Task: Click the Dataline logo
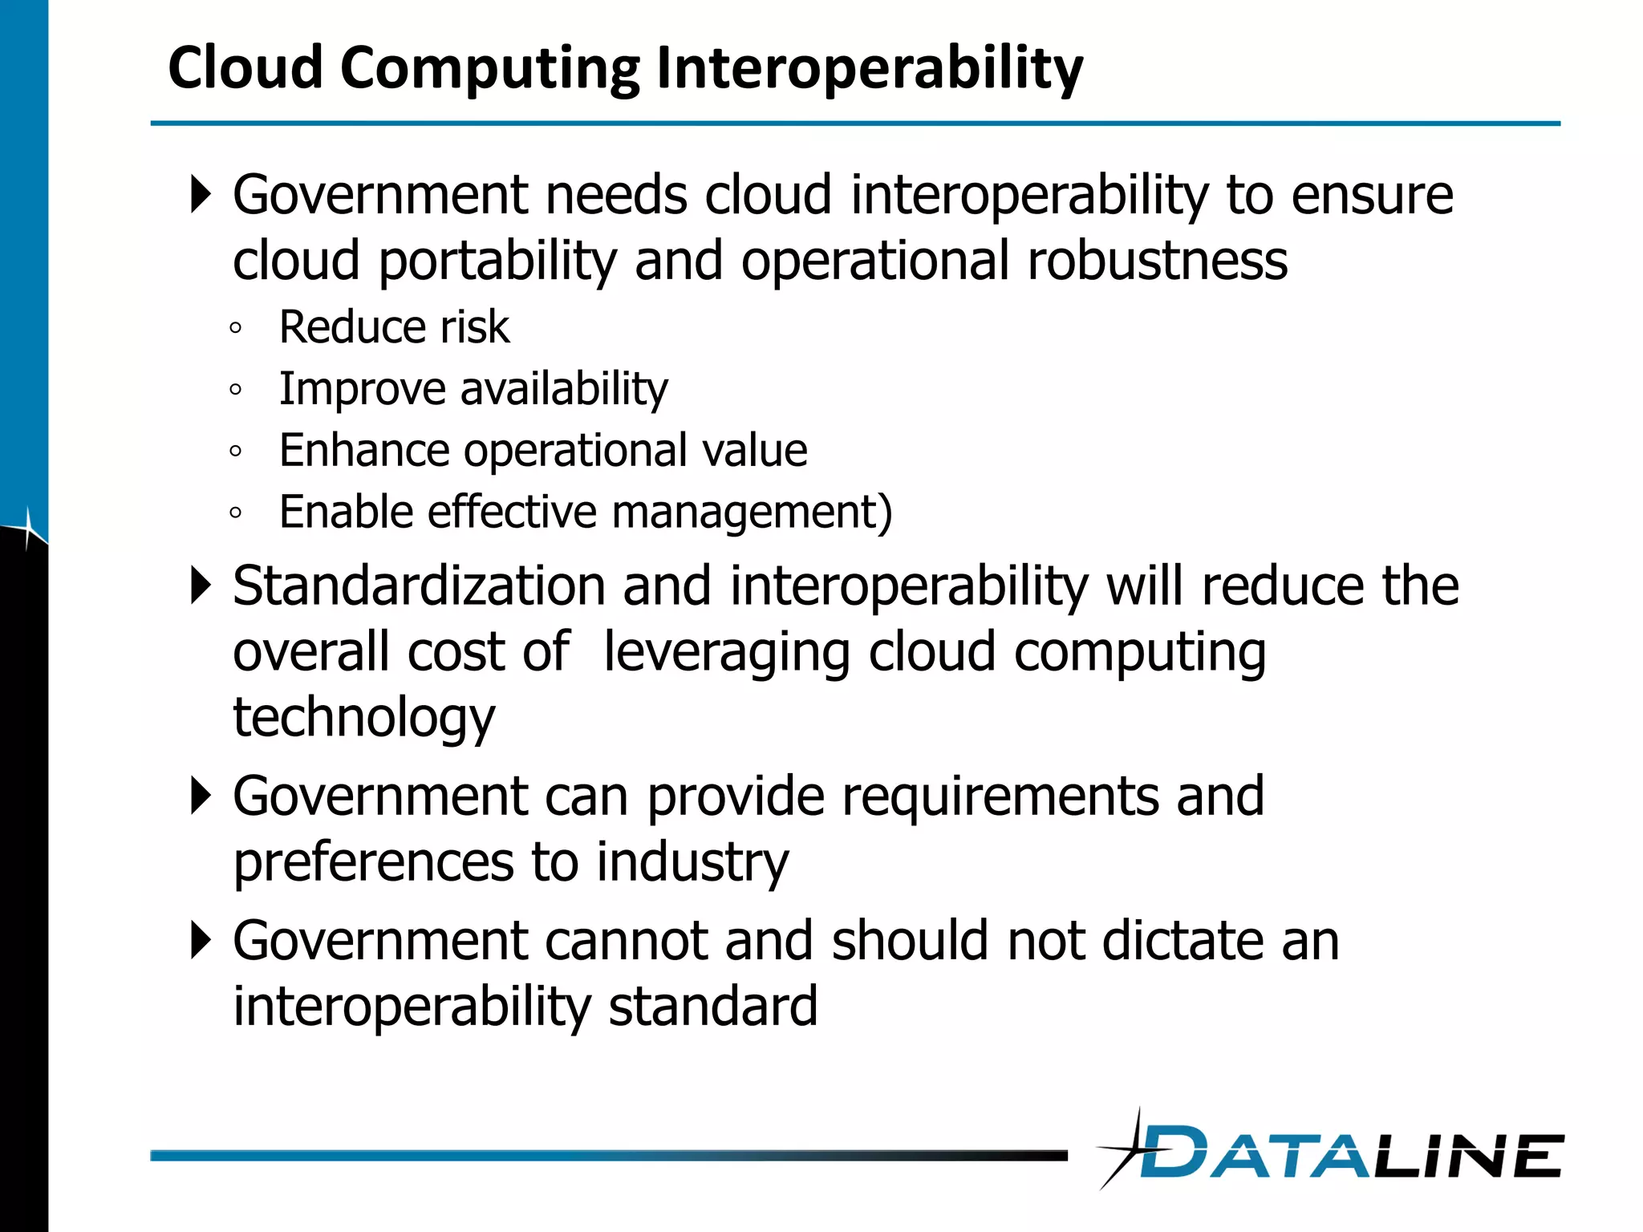click(1332, 1152)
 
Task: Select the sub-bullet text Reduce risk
click(394, 327)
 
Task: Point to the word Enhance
click(363, 450)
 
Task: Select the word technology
click(364, 717)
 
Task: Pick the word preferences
click(373, 862)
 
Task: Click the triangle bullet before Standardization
click(201, 586)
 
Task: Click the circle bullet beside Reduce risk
click(235, 328)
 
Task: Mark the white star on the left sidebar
click(27, 527)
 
